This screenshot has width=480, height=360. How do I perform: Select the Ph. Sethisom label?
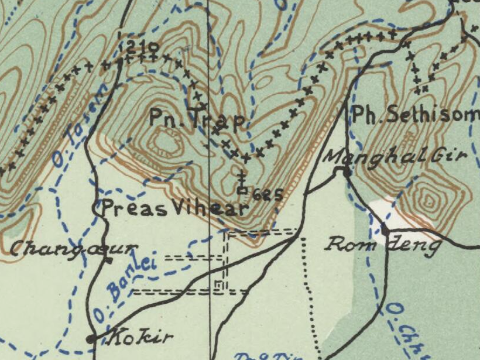pos(414,115)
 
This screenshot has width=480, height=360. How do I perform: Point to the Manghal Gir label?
pos(395,156)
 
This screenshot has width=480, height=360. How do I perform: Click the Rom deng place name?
pos(383,244)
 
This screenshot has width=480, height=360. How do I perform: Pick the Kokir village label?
pos(142,337)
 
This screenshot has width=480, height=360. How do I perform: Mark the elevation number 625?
pos(268,195)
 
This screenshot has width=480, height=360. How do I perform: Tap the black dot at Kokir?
pos(91,338)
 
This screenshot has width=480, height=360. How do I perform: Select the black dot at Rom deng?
pos(385,228)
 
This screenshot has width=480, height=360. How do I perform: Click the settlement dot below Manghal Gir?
pos(347,172)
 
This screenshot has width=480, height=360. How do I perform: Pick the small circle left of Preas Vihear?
pos(98,207)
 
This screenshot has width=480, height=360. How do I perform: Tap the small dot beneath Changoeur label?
pos(109,261)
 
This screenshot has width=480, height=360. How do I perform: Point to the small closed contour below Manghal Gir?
pos(431,198)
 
